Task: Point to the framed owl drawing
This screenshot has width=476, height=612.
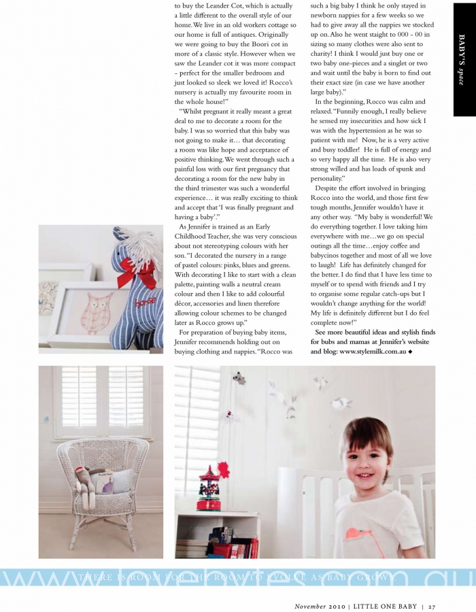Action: coord(88,309)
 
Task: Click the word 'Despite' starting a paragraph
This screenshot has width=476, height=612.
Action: coord(328,187)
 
